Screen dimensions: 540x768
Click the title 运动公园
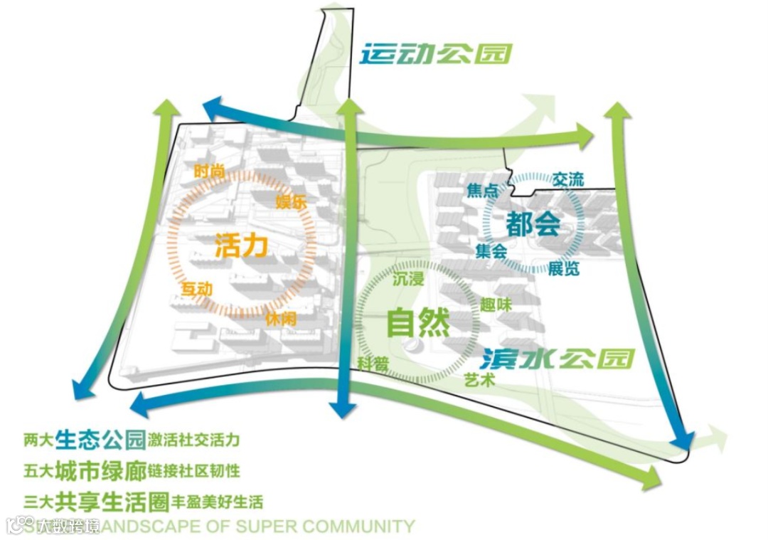click(435, 55)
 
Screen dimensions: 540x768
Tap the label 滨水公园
click(556, 358)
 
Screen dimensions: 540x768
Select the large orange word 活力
click(241, 246)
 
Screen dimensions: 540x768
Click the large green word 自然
click(417, 323)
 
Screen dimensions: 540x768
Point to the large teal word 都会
click(533, 225)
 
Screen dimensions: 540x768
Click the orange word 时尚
click(208, 171)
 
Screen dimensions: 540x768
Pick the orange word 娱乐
click(291, 202)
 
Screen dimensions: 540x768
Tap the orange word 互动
click(197, 290)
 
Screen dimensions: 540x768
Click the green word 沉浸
click(408, 279)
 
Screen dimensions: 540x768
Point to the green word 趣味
click(496, 305)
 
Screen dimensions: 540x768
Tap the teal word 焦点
click(482, 191)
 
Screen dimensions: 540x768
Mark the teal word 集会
click(491, 250)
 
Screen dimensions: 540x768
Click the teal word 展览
click(563, 268)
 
